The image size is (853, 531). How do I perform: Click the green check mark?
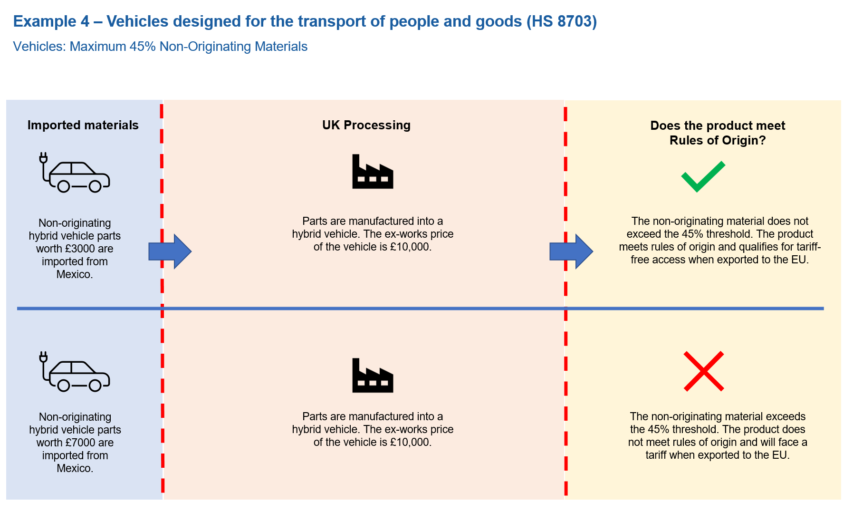[703, 176]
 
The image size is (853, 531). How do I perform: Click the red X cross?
[704, 371]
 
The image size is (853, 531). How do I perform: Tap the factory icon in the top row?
[373, 172]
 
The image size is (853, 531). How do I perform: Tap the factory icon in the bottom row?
[373, 376]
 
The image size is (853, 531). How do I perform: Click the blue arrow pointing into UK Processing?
[170, 251]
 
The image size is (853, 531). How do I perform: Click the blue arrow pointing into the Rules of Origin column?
[571, 251]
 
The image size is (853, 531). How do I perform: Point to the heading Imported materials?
[83, 125]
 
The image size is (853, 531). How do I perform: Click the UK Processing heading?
[366, 125]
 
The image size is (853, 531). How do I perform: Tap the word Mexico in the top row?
[74, 274]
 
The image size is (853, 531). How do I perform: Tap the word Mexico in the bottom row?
[74, 468]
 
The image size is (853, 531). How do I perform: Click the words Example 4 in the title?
[51, 21]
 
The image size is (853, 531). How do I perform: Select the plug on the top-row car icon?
[43, 157]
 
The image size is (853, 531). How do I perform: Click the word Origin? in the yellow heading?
[742, 140]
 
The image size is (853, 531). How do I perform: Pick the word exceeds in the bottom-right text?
[786, 416]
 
